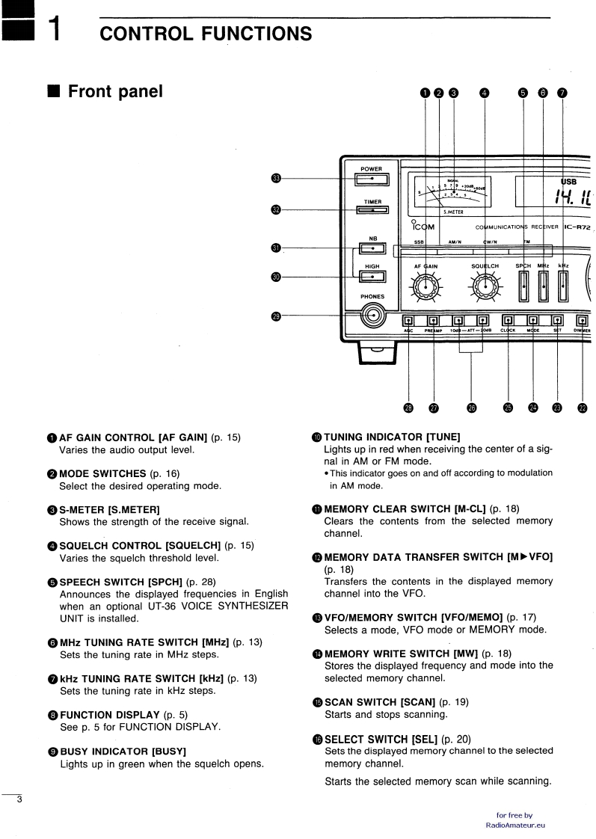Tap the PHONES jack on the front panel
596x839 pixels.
click(372, 316)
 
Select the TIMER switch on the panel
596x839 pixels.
click(372, 210)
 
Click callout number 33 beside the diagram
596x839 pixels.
click(276, 178)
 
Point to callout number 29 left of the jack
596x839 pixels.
click(276, 316)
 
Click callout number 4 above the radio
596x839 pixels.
click(485, 93)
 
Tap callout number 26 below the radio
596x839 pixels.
click(471, 408)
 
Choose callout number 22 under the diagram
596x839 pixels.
click(583, 408)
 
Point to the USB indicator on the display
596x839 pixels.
click(570, 180)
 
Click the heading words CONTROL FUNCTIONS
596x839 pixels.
click(206, 34)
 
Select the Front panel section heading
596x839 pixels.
click(115, 92)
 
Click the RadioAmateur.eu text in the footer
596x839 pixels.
click(514, 825)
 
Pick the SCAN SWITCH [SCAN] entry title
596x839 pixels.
click(375, 702)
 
